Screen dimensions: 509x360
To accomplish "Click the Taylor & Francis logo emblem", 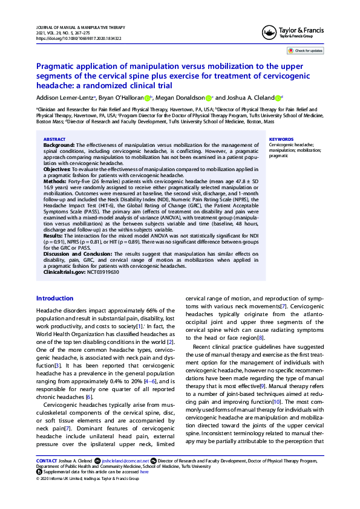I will pyautogui.click(x=267, y=33).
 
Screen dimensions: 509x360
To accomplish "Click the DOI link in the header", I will pyautogui.click(x=79, y=38).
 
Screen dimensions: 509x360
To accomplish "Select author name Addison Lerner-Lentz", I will pyautogui.click(x=65, y=98).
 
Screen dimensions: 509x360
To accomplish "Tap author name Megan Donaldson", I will pyautogui.click(x=180, y=98).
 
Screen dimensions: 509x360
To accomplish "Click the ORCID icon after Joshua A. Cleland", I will pyautogui.click(x=278, y=98).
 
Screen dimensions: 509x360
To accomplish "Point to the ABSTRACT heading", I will pyautogui.click(x=54, y=139).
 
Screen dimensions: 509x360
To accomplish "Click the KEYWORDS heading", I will pyautogui.click(x=281, y=139).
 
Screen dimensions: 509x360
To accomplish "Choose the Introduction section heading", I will pyautogui.click(x=55, y=299).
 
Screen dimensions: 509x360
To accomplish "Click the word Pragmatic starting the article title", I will pyautogui.click(x=58, y=66).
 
